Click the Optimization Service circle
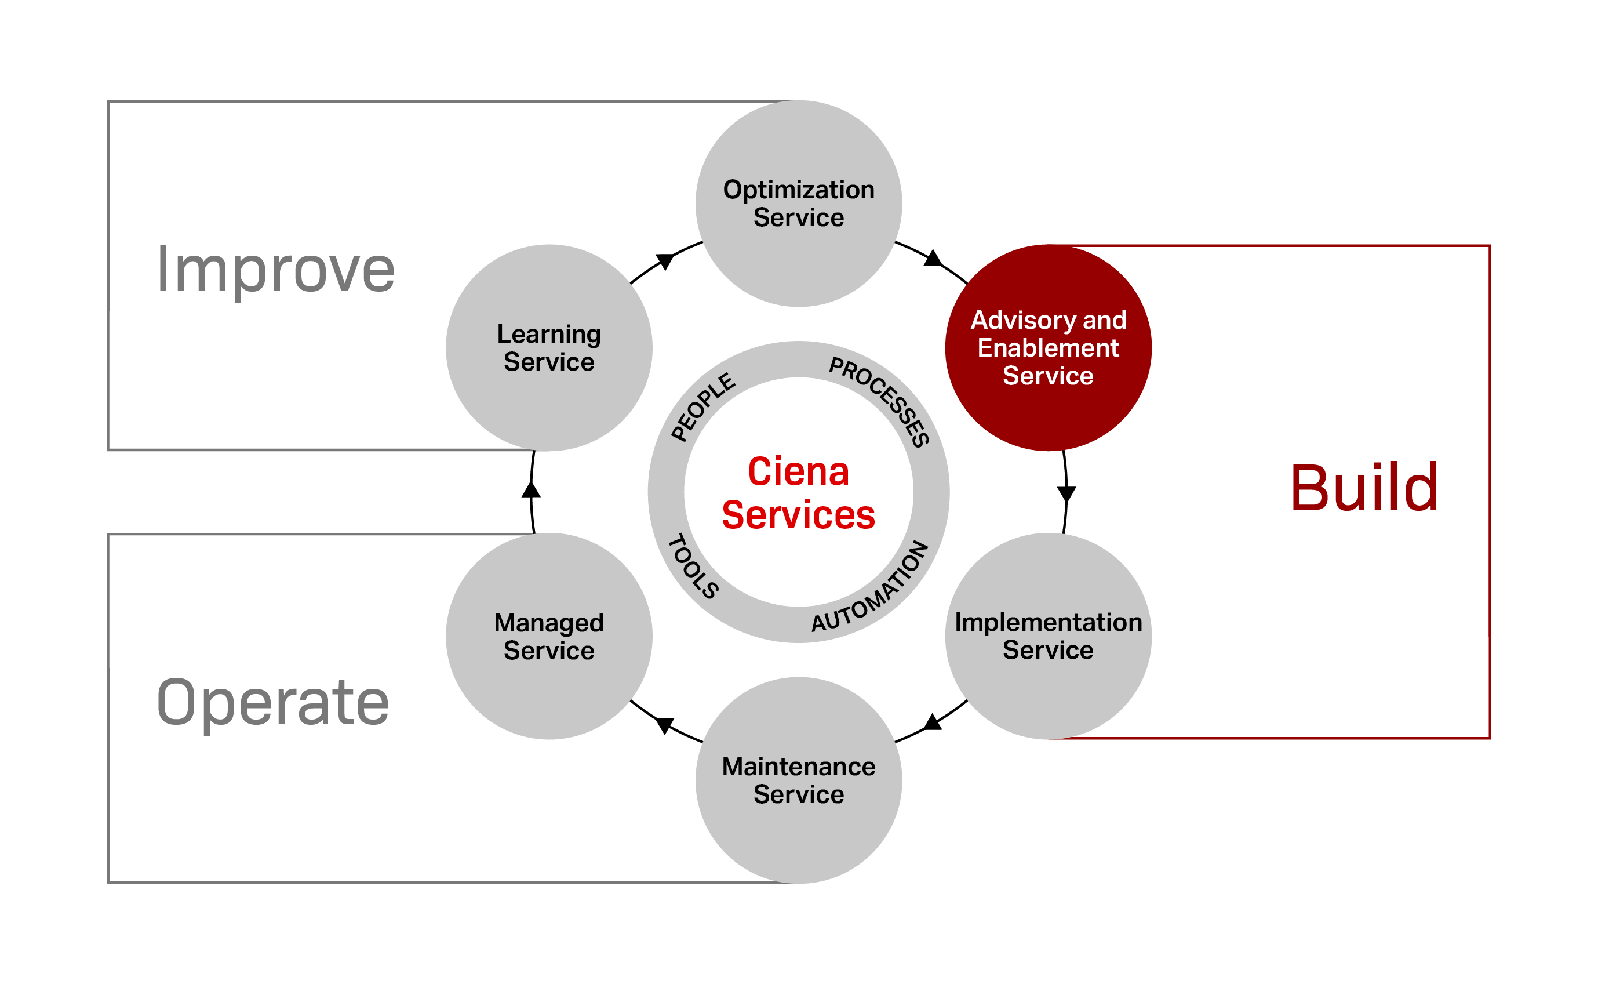[798, 203]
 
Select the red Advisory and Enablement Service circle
[1048, 347]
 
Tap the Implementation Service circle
[1048, 636]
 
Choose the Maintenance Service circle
[798, 780]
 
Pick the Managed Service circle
[549, 636]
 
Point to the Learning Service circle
[549, 347]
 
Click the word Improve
[275, 270]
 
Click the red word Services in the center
[798, 515]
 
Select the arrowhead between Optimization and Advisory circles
[933, 259]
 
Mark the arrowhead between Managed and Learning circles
[532, 489]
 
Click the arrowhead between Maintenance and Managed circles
[664, 724]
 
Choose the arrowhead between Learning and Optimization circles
[664, 260]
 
